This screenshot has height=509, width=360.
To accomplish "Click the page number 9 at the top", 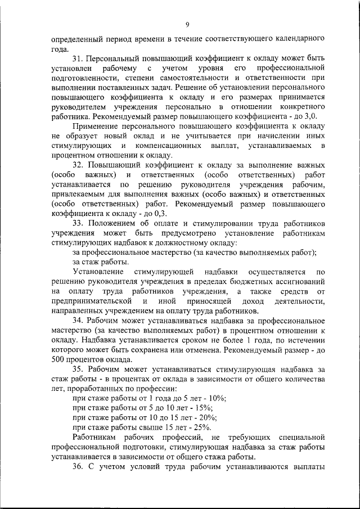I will (187, 24).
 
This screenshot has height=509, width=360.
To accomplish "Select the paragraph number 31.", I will (78, 58).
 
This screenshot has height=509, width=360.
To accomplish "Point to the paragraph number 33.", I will (78, 223).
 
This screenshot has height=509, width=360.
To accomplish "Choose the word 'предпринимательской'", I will (92, 301).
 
